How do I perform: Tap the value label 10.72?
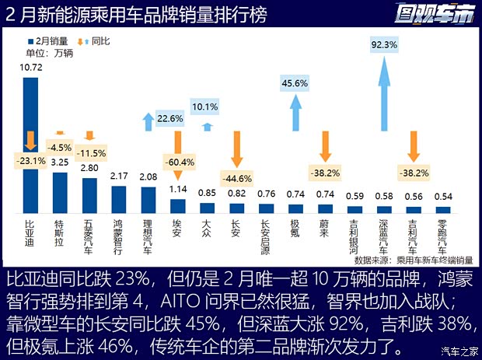pos(30,68)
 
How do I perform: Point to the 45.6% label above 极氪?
pos(295,82)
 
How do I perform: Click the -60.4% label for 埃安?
pos(178,162)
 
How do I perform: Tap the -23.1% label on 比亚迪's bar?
pos(30,161)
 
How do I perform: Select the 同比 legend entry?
pos(93,39)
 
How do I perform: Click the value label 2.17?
pos(119,177)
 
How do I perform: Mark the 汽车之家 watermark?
pos(455,349)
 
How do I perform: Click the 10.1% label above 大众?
pos(205,107)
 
